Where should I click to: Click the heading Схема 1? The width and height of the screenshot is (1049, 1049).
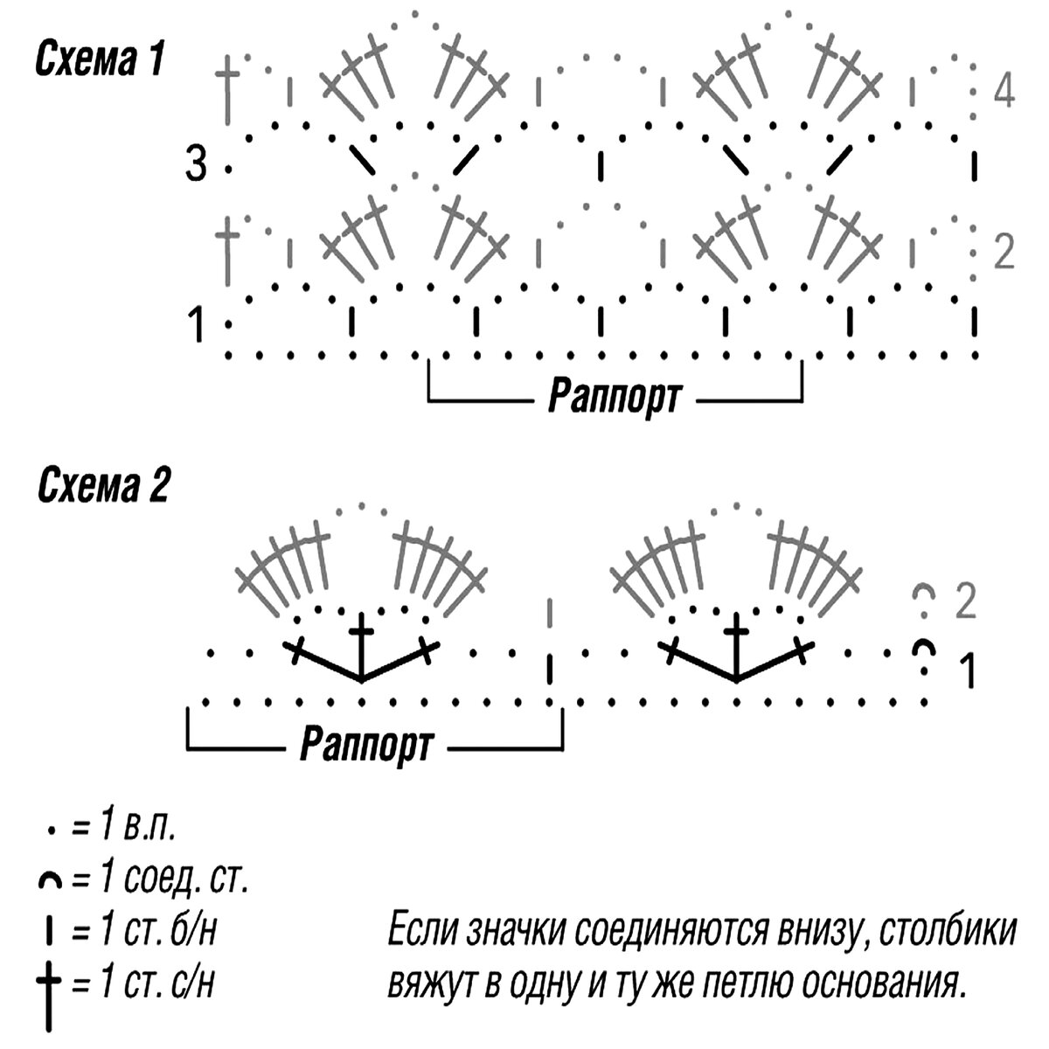(x=99, y=62)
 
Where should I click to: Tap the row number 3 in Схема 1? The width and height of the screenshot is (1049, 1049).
(x=196, y=164)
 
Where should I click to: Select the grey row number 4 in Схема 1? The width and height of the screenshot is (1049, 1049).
(x=1004, y=91)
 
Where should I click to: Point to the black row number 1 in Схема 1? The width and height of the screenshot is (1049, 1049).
(x=198, y=325)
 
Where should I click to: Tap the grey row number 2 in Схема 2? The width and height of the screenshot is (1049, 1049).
(x=965, y=601)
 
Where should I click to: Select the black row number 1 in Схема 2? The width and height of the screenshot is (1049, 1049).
(x=968, y=670)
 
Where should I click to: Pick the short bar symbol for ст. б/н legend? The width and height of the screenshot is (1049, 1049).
(x=51, y=933)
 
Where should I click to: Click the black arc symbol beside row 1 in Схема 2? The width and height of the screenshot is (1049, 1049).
(x=924, y=650)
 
